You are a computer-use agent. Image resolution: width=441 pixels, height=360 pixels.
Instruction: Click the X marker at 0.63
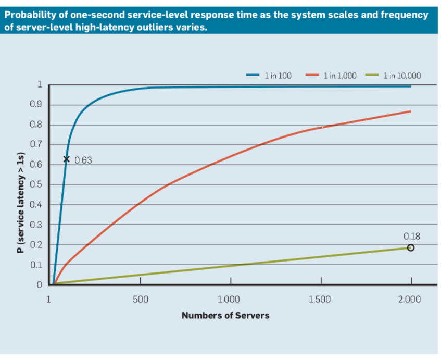[x=66, y=159]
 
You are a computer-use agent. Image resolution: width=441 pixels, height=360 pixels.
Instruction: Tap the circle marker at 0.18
[x=410, y=248]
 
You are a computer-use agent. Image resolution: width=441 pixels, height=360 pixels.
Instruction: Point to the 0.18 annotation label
[x=411, y=236]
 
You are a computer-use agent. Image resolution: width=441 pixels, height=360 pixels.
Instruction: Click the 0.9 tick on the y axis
[x=36, y=105]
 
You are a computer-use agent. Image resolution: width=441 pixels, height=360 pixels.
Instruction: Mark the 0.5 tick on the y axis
[x=36, y=184]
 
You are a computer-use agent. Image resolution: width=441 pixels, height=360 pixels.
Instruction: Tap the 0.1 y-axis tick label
[x=36, y=265]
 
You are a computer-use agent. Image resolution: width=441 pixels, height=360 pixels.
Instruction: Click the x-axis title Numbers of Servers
[x=225, y=315]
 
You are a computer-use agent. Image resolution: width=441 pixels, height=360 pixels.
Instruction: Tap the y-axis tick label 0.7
[x=36, y=145]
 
